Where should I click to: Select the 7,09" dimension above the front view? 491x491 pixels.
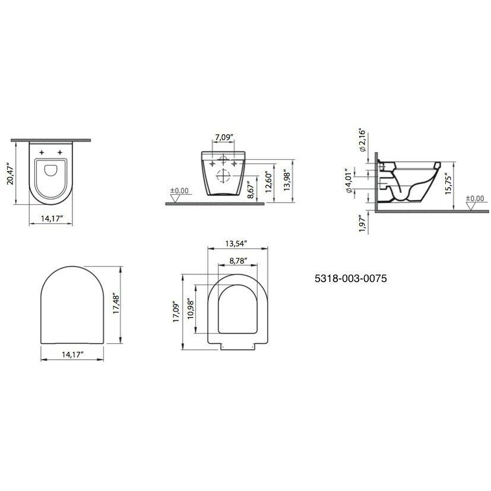click(x=223, y=138)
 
